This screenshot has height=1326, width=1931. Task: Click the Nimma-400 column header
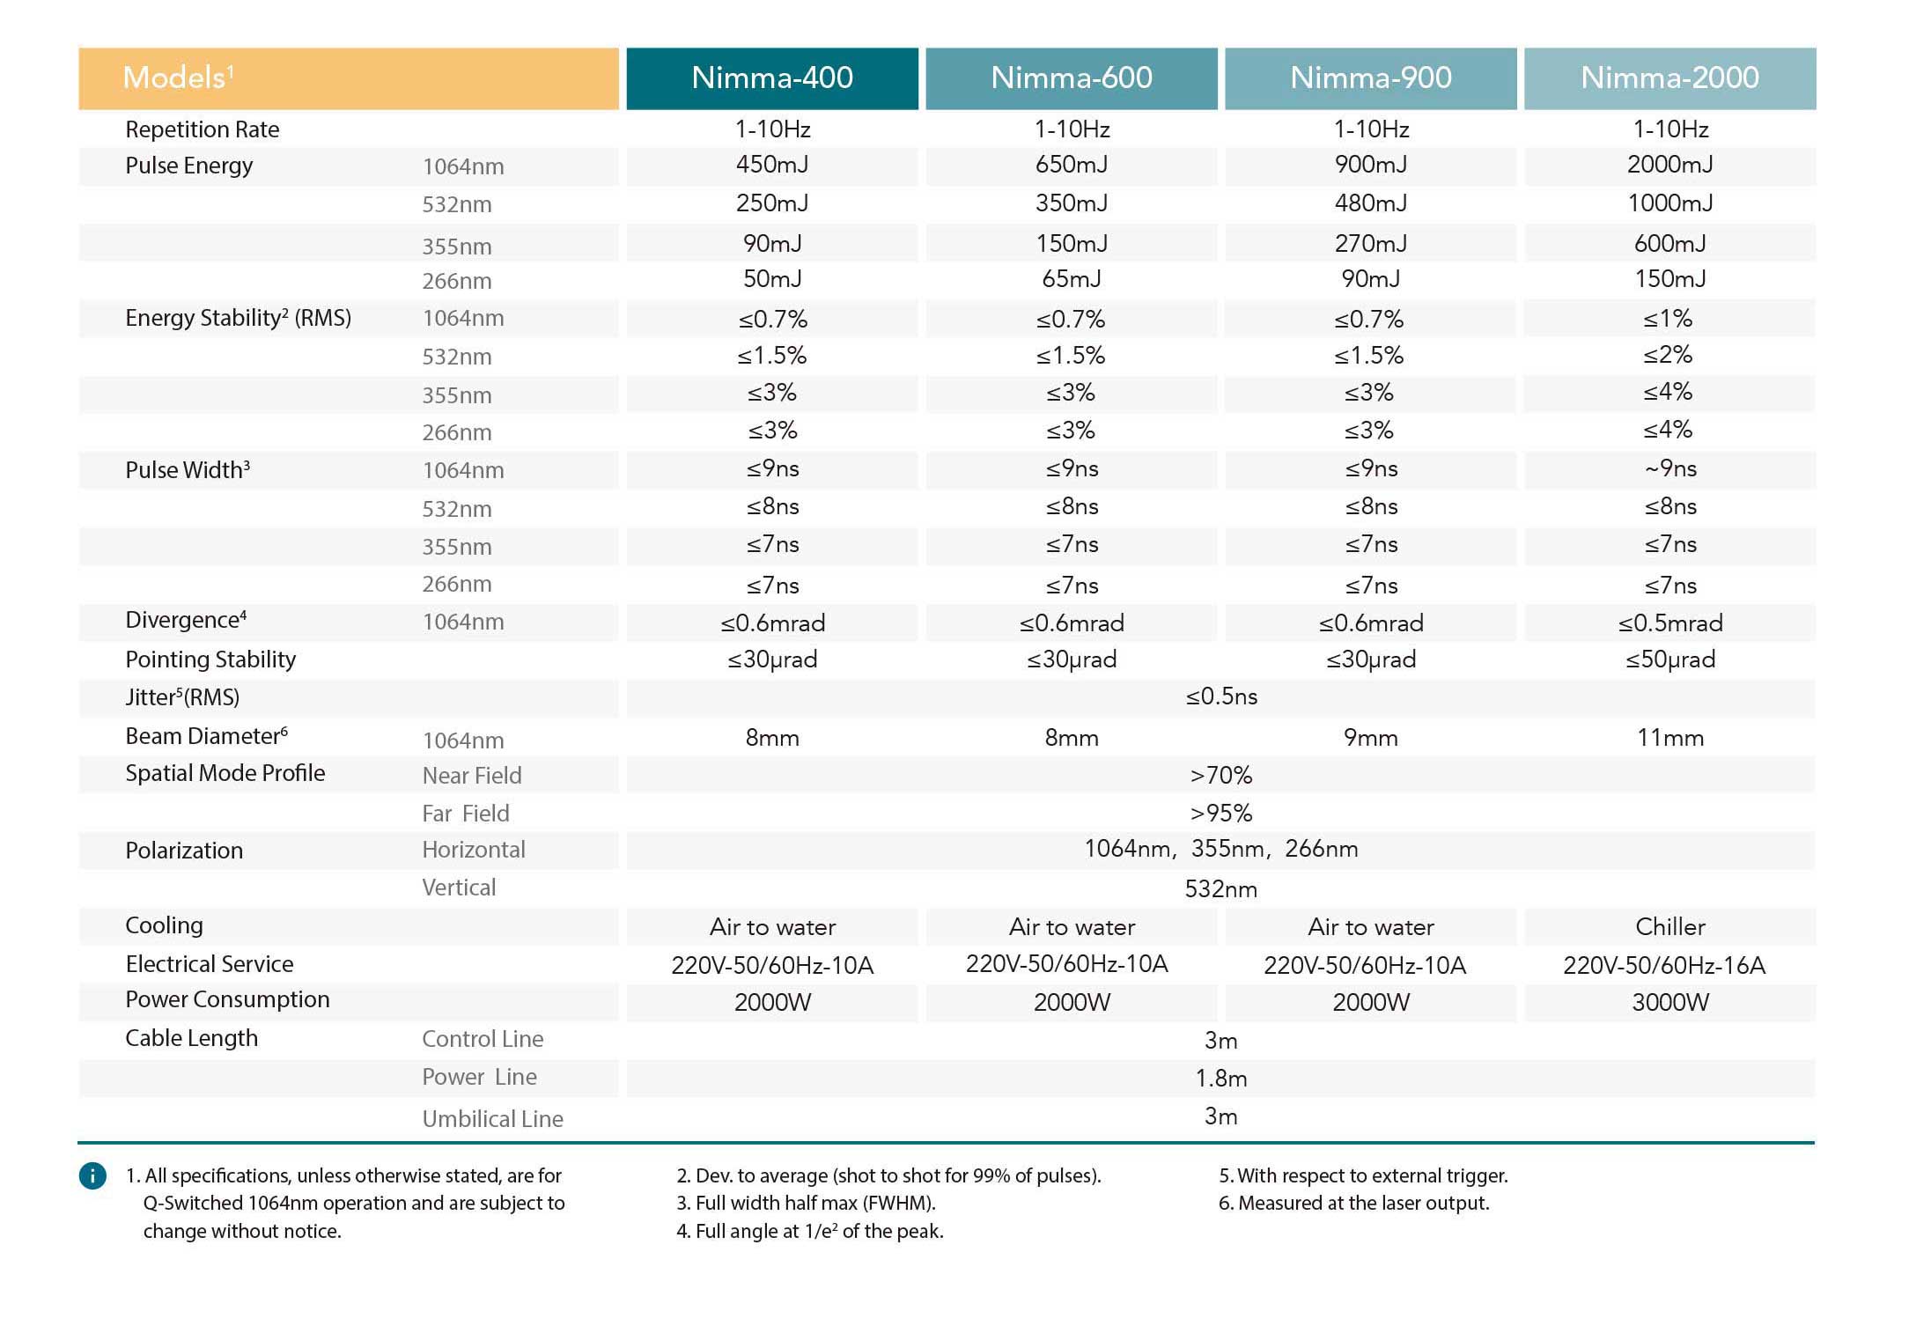coord(772,78)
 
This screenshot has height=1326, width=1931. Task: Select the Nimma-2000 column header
coord(1669,78)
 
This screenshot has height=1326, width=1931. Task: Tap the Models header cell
coord(349,78)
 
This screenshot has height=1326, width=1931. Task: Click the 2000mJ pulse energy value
coord(1669,165)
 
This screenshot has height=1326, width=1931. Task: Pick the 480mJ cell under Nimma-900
coord(1370,203)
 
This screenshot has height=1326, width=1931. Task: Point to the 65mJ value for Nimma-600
coord(1071,279)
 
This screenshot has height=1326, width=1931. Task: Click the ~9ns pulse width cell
coord(1669,468)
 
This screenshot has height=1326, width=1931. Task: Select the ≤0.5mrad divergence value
coord(1669,623)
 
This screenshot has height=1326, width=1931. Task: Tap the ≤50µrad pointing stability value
coord(1669,659)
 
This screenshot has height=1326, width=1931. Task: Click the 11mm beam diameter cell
coord(1669,738)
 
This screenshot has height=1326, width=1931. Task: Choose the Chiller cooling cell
coord(1669,927)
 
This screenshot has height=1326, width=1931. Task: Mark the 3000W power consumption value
coord(1669,1003)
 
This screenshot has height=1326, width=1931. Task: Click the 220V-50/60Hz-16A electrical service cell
coord(1663,966)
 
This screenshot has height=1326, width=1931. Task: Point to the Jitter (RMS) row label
coord(182,697)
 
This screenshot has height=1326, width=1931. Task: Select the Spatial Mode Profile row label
coord(225,773)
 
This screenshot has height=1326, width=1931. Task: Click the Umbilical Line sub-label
coord(492,1119)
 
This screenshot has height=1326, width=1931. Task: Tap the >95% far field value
coord(1220,814)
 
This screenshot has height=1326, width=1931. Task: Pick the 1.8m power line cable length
coord(1220,1079)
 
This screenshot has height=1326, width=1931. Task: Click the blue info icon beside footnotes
coord(92,1175)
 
